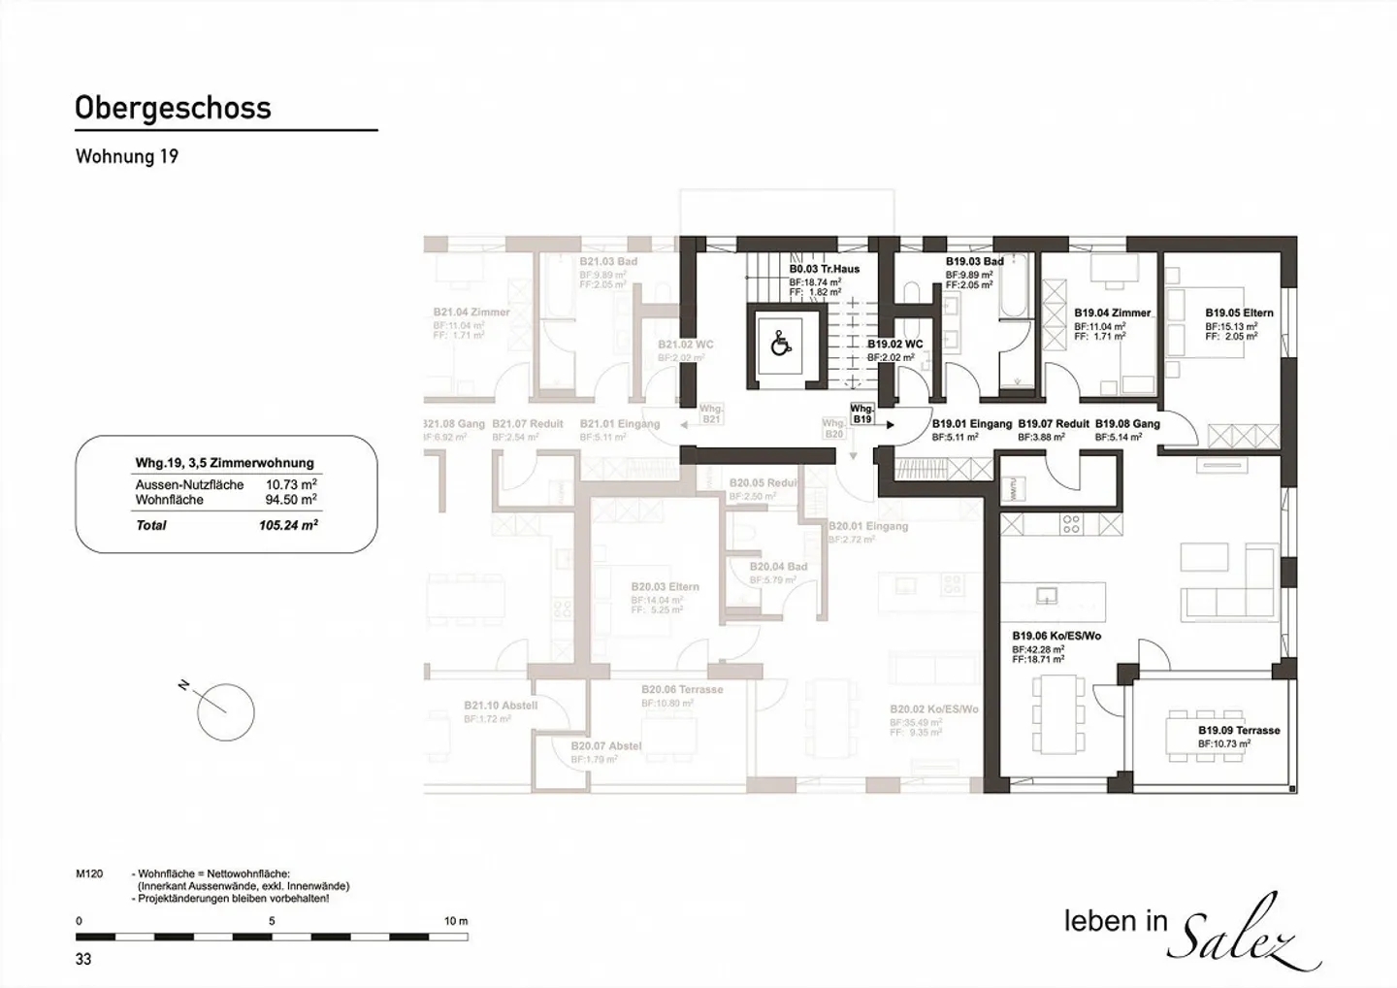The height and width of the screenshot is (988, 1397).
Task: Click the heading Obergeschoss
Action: (173, 108)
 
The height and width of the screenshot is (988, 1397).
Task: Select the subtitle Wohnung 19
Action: (127, 156)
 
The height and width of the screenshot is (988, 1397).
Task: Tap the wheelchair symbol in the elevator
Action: (780, 345)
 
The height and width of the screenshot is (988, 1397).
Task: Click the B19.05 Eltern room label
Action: (1239, 313)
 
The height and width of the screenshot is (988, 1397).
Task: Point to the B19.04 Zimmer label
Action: (1112, 313)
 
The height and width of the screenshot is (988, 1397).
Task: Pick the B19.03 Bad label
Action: (974, 262)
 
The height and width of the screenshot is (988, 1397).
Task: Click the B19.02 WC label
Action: (894, 345)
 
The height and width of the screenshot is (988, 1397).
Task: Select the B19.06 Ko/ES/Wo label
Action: (1056, 637)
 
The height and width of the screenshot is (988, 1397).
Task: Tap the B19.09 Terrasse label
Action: (1239, 730)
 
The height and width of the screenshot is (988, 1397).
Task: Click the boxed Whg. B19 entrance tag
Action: (861, 414)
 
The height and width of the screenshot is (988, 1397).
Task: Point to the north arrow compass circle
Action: (225, 711)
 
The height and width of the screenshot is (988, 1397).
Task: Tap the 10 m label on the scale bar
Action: (455, 921)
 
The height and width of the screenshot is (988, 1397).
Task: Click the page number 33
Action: (83, 959)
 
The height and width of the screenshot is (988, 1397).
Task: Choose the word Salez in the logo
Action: (1247, 933)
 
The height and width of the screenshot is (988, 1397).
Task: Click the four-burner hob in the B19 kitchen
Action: (1070, 525)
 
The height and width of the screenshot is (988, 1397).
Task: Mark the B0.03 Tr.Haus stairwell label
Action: (824, 269)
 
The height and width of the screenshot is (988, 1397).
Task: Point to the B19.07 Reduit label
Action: (1053, 424)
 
